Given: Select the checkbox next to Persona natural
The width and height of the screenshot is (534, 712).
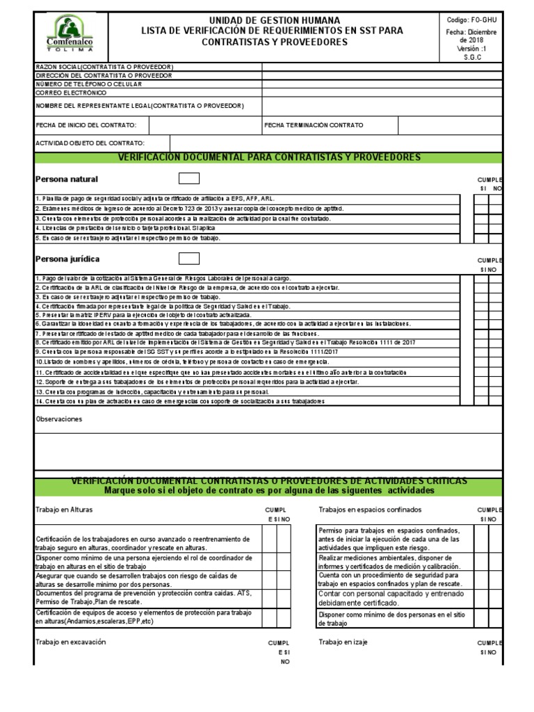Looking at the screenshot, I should coord(188,179).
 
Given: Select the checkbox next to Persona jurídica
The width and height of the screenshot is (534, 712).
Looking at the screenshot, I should coord(188,259).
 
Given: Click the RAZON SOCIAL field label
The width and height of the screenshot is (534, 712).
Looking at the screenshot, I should coord(104,67).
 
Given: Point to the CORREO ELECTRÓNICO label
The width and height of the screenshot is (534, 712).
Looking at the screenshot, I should coord(71,92).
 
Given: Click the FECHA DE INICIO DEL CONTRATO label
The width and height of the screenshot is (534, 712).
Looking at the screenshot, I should coord(91,125).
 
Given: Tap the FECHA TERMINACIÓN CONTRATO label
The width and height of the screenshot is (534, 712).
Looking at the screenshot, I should coord(314,125).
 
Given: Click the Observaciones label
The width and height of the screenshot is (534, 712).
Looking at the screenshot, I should coord(59,419).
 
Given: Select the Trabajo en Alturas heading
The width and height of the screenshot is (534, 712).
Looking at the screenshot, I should coord(64,510).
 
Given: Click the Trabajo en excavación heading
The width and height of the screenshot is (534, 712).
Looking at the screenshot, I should coord(70,642).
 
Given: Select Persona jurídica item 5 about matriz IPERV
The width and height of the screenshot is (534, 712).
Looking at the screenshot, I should coord(139,315).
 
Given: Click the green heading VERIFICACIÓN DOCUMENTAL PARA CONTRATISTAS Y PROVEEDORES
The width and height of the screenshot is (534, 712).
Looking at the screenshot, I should coord(269,158).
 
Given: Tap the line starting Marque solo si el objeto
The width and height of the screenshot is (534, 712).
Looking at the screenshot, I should coord(269,491).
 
